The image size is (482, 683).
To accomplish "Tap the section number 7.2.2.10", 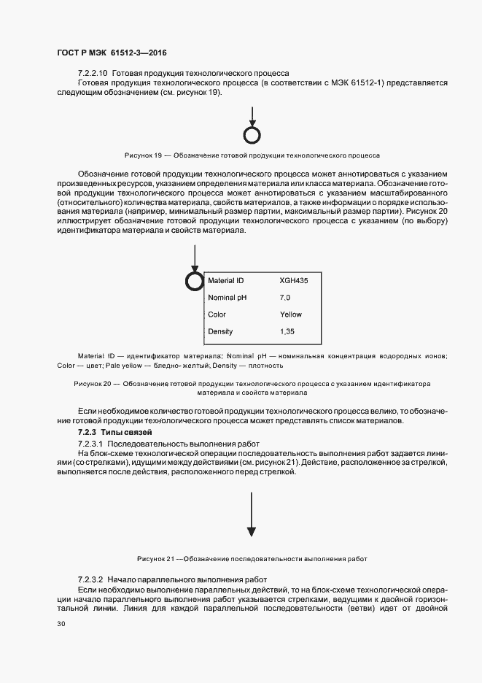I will [x=93, y=74].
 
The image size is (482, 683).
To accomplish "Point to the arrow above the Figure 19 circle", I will [x=252, y=117].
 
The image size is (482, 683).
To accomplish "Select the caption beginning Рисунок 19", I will [x=252, y=155].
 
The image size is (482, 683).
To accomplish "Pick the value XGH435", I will [x=294, y=280].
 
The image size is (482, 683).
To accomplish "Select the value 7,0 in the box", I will [x=285, y=298].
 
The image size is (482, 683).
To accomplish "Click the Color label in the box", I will [x=217, y=315].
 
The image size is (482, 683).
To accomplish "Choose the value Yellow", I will [x=290, y=315].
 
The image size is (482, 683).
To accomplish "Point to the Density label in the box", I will [x=220, y=332].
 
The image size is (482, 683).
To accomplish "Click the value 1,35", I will [x=287, y=332].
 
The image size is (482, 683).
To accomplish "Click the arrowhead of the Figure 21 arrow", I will [x=252, y=533].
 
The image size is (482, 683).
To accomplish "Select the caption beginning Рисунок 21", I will [x=252, y=559].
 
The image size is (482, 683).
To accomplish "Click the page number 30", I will [x=61, y=625].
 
